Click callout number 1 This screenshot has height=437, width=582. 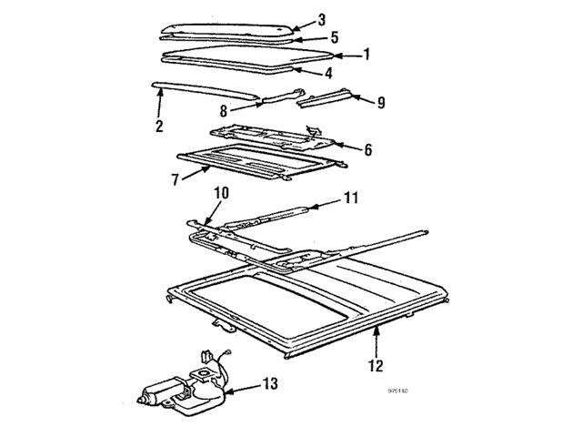(x=366, y=55)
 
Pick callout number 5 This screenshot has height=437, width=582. (x=335, y=38)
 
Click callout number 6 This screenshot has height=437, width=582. (x=366, y=149)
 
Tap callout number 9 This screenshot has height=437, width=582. (x=380, y=103)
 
